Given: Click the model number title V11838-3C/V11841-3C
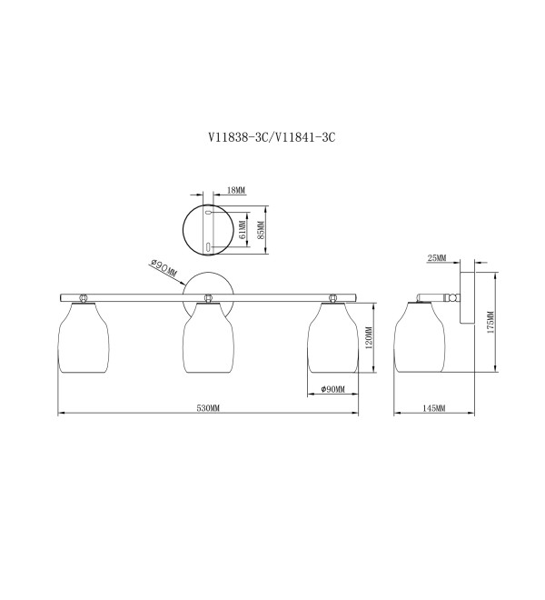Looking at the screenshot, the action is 272,137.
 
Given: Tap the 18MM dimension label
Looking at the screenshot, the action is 236,190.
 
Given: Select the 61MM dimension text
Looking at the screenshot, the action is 242,230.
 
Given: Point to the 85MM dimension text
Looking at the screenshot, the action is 261,230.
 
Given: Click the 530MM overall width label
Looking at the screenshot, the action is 208,408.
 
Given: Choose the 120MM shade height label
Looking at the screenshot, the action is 369,338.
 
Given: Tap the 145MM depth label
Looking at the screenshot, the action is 433,408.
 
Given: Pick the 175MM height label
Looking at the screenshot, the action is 490,322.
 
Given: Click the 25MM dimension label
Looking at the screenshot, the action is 437,258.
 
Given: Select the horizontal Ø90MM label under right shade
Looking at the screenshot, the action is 333,389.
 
